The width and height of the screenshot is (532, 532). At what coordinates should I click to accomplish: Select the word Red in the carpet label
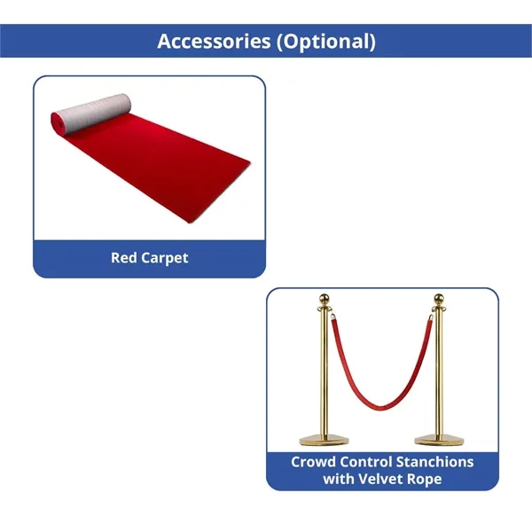click(x=123, y=258)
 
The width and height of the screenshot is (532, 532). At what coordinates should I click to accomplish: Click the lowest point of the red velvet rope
click(x=381, y=411)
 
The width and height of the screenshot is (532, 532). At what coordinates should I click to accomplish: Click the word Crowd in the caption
click(x=315, y=462)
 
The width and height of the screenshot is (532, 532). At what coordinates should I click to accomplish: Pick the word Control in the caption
click(x=371, y=462)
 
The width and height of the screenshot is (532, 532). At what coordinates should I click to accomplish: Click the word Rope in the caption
click(x=429, y=479)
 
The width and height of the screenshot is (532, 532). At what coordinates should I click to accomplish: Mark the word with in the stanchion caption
click(x=340, y=479)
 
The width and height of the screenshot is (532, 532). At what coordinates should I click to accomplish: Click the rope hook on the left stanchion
click(x=332, y=321)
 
